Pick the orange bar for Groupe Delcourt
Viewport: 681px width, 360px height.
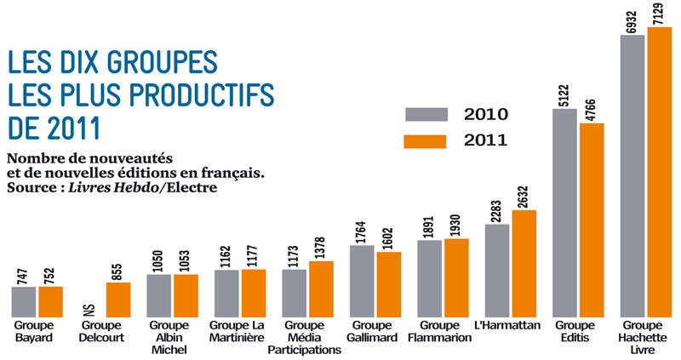pos(117,299)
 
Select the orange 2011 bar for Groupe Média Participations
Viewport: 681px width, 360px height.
pos(321,289)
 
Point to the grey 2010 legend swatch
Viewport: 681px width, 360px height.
pos(426,114)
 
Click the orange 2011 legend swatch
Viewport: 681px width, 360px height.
pos(426,140)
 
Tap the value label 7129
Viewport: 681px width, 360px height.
pos(659,13)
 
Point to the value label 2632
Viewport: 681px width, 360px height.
pos(524,195)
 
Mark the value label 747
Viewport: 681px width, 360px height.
pos(23,274)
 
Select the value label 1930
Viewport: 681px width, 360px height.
pos(456,226)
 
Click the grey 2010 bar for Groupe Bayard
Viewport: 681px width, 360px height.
pos(24,300)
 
